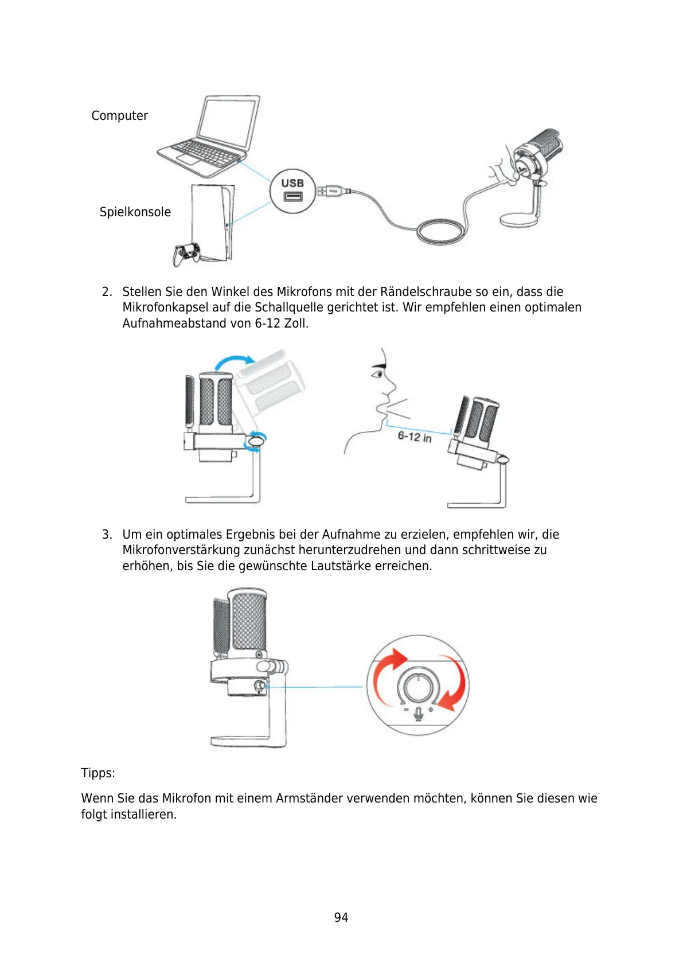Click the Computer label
(x=119, y=116)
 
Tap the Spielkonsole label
(x=135, y=212)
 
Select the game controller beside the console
(x=187, y=252)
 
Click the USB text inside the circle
(x=292, y=183)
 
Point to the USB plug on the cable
(x=331, y=191)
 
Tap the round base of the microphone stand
(x=519, y=220)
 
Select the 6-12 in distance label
(x=414, y=437)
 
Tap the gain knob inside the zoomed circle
(x=419, y=685)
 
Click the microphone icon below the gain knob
(x=419, y=713)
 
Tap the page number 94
(x=341, y=918)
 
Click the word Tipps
(x=98, y=773)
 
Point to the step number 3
(x=106, y=535)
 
